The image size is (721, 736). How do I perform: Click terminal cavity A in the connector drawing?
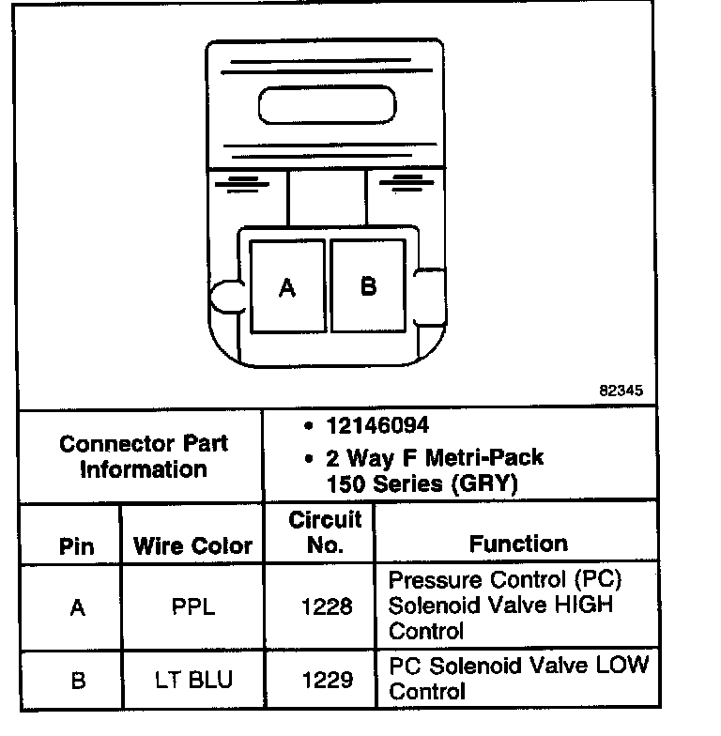pos(287,286)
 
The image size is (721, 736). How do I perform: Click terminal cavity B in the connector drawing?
pos(368,285)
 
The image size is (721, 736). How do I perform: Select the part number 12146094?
pos(377,425)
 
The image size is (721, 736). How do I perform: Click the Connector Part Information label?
pos(143,455)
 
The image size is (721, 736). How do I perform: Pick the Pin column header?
pos(77,546)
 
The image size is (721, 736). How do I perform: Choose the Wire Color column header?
pos(192,545)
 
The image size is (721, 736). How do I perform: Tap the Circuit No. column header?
pos(325,532)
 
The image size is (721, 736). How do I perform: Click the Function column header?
pos(518,544)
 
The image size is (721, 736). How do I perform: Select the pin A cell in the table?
pos(77,607)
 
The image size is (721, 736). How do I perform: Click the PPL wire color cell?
pos(192,606)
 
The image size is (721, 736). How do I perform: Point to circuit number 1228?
pos(326,606)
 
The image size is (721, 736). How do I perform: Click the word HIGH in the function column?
pos(581,605)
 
